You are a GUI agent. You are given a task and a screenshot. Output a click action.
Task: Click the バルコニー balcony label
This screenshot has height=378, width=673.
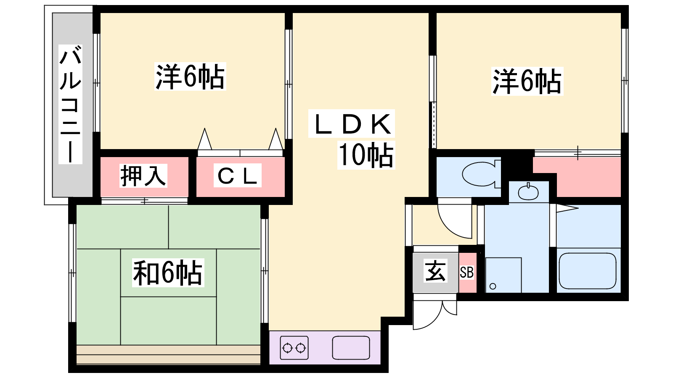pos(70,105)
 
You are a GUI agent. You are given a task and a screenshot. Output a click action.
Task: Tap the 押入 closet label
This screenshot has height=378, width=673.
pos(143,176)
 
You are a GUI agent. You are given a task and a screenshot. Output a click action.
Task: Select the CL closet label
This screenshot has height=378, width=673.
pos(237,176)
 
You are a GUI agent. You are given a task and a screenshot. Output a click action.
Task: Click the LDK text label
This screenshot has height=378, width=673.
pos(352,123)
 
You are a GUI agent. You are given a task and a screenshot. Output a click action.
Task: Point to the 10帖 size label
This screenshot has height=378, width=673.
pos(366,155)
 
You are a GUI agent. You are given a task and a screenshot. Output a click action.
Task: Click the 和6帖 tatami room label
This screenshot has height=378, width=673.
pos(168,273)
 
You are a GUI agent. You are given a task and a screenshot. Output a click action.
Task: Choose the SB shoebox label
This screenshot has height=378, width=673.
pos(466,273)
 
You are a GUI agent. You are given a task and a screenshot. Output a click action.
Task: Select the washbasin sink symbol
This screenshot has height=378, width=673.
pos(528,192)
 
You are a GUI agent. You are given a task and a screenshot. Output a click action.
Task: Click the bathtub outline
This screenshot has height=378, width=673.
pos(587,271)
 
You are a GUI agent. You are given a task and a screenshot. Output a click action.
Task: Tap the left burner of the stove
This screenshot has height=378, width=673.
pos(288,348)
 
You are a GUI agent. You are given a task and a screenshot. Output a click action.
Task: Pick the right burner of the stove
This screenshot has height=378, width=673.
pos(300,348)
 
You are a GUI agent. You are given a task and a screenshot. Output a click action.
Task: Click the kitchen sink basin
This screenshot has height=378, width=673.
pos(351,348)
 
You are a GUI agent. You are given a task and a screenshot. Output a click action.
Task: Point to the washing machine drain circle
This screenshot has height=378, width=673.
pos(493,286)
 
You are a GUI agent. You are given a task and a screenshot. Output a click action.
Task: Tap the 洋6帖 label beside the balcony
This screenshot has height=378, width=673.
pos(190,76)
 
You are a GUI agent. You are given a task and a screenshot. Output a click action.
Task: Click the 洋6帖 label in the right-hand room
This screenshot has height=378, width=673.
pos(527,81)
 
